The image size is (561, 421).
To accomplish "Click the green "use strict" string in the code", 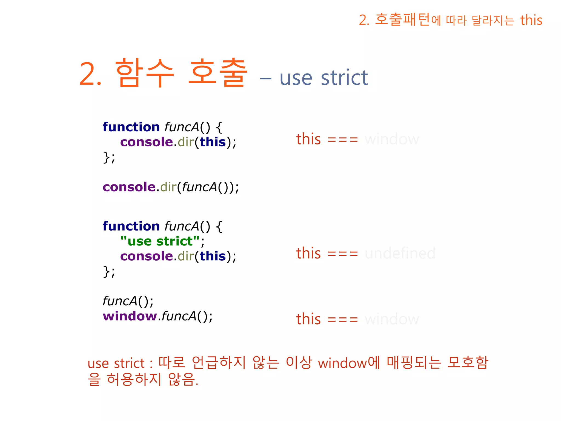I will click(x=160, y=241).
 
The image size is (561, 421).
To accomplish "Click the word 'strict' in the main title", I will click(x=344, y=78).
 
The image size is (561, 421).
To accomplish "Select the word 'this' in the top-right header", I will click(x=531, y=20).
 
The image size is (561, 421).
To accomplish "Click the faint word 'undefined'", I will click(x=400, y=253).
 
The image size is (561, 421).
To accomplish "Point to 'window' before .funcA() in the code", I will click(x=130, y=316).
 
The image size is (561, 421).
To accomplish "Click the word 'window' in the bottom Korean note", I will click(x=342, y=363).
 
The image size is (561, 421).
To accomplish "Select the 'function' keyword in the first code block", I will click(x=131, y=127).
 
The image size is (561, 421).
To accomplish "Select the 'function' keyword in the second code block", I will click(x=131, y=226).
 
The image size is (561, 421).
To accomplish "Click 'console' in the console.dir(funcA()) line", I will click(x=129, y=187).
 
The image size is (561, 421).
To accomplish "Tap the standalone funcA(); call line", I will click(x=128, y=301).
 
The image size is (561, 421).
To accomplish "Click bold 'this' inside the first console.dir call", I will click(x=213, y=142).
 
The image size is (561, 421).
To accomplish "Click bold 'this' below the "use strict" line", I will click(x=213, y=256).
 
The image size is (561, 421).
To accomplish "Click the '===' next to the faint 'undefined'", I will click(x=343, y=254).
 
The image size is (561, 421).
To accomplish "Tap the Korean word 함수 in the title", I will click(x=144, y=73).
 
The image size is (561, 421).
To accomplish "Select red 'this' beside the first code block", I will click(x=308, y=139).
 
